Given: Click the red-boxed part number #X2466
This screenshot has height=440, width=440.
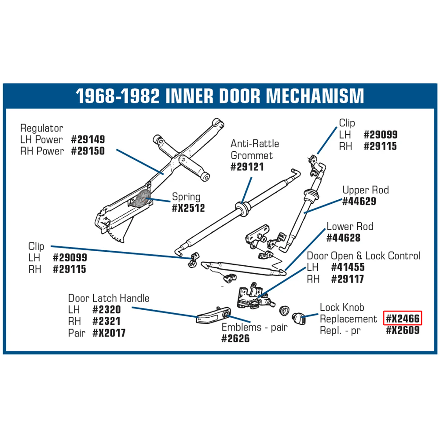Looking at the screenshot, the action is tap(403, 318).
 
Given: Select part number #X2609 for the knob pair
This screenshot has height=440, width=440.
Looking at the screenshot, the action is tap(403, 330).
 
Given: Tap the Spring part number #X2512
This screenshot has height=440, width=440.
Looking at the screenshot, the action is tap(188, 208).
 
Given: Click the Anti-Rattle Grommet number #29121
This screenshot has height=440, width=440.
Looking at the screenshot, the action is tap(247, 167).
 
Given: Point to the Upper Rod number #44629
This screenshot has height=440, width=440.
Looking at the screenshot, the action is tap(359, 201).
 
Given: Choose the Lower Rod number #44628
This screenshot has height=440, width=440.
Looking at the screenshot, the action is tap(344, 238).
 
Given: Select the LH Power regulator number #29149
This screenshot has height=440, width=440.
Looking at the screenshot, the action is tap(88, 139).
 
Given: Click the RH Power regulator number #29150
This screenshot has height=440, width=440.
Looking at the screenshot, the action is tap(88, 151).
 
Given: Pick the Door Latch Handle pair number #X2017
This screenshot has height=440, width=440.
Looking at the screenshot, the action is tap(109, 333).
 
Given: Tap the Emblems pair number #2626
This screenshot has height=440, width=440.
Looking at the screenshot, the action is tap(235, 338).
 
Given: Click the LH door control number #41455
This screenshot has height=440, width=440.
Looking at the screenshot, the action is tap(348, 267).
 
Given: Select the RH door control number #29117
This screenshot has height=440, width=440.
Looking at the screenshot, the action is tap(348, 279).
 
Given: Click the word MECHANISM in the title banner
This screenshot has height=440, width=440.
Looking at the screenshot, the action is tap(315, 96).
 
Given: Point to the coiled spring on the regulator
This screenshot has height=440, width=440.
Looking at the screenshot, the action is tap(143, 199).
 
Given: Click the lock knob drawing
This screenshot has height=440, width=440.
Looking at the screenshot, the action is tap(298, 319).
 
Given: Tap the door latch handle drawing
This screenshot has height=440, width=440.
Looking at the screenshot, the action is tap(213, 315).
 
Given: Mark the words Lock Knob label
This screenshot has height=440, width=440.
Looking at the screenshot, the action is tap(342, 307).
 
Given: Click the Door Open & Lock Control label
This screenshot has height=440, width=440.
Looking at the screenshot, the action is tap(363, 256).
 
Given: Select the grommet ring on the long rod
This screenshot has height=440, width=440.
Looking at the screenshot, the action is tap(243, 208).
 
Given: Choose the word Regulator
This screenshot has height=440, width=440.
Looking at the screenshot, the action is tap(41, 128).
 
